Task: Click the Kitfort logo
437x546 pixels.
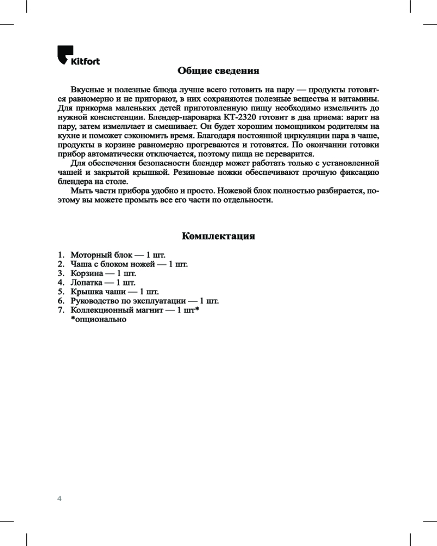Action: [x=79, y=57]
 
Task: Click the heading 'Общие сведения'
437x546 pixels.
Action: [x=218, y=71]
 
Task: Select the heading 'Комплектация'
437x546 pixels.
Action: [x=218, y=236]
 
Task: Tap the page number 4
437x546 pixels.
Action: [x=60, y=498]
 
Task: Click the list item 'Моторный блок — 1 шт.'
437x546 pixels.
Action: [x=117, y=255]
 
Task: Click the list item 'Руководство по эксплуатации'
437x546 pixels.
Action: [x=144, y=301]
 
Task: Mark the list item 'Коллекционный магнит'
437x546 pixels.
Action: [x=134, y=310]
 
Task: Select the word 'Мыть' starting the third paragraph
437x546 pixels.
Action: [x=80, y=191]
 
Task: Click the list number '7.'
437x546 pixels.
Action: [x=61, y=310]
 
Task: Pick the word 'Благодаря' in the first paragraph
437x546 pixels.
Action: [x=216, y=136]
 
